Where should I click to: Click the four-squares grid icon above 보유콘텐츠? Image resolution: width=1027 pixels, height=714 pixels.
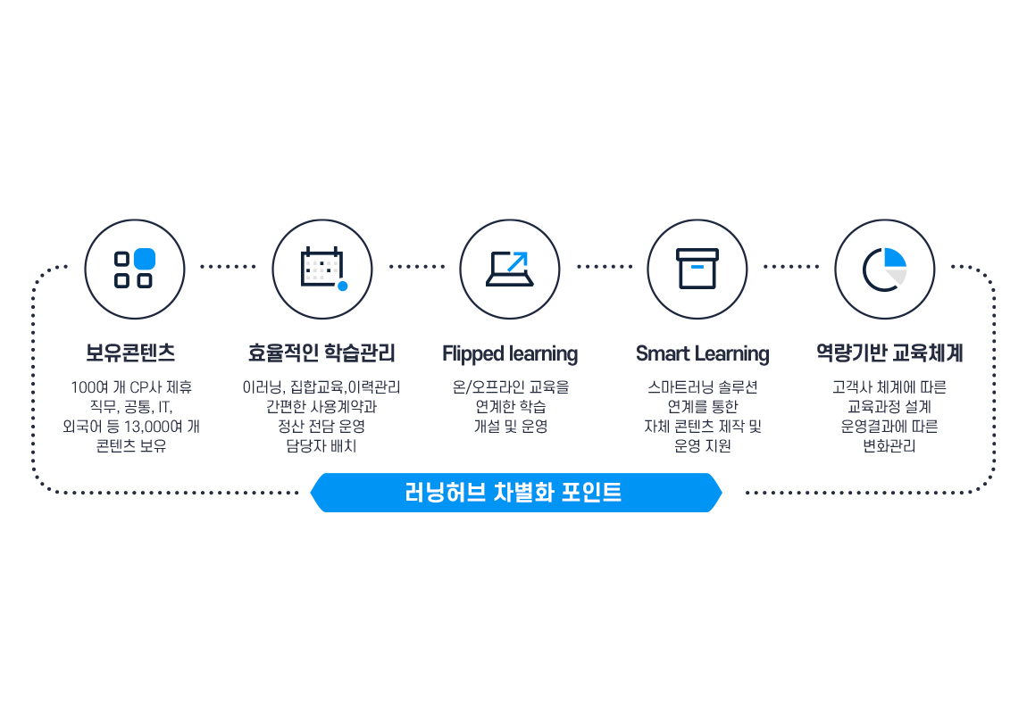134,269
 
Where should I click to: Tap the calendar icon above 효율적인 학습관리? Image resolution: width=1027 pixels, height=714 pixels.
322,268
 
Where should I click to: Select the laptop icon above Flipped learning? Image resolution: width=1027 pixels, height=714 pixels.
510,268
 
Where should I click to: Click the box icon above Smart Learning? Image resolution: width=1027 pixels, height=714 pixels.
697,268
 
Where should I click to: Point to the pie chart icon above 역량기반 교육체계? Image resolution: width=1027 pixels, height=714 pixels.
885,268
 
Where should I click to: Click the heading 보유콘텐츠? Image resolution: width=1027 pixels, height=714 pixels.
131,353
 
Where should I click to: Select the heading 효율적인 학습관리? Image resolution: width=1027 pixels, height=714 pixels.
321,353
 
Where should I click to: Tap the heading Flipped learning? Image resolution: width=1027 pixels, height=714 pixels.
510,353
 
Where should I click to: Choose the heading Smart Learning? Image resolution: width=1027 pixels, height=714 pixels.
702,353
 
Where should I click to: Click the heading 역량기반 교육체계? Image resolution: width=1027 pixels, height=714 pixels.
889,353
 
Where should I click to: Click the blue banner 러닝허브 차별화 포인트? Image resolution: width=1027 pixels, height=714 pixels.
514,493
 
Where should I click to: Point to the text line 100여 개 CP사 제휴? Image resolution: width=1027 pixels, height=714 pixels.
131,387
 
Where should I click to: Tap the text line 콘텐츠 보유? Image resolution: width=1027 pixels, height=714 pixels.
131,445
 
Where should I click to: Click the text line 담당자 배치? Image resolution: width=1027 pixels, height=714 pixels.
321,445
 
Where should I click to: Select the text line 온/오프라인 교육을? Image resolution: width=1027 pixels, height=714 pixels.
510,387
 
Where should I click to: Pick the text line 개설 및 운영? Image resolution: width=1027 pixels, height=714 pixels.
510,426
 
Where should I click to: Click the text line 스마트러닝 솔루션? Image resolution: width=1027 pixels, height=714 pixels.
702,387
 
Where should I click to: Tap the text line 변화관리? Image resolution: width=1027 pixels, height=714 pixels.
889,445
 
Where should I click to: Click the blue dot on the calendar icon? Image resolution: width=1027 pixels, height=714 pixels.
342,286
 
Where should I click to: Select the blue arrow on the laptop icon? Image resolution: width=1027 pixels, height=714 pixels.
517,262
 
